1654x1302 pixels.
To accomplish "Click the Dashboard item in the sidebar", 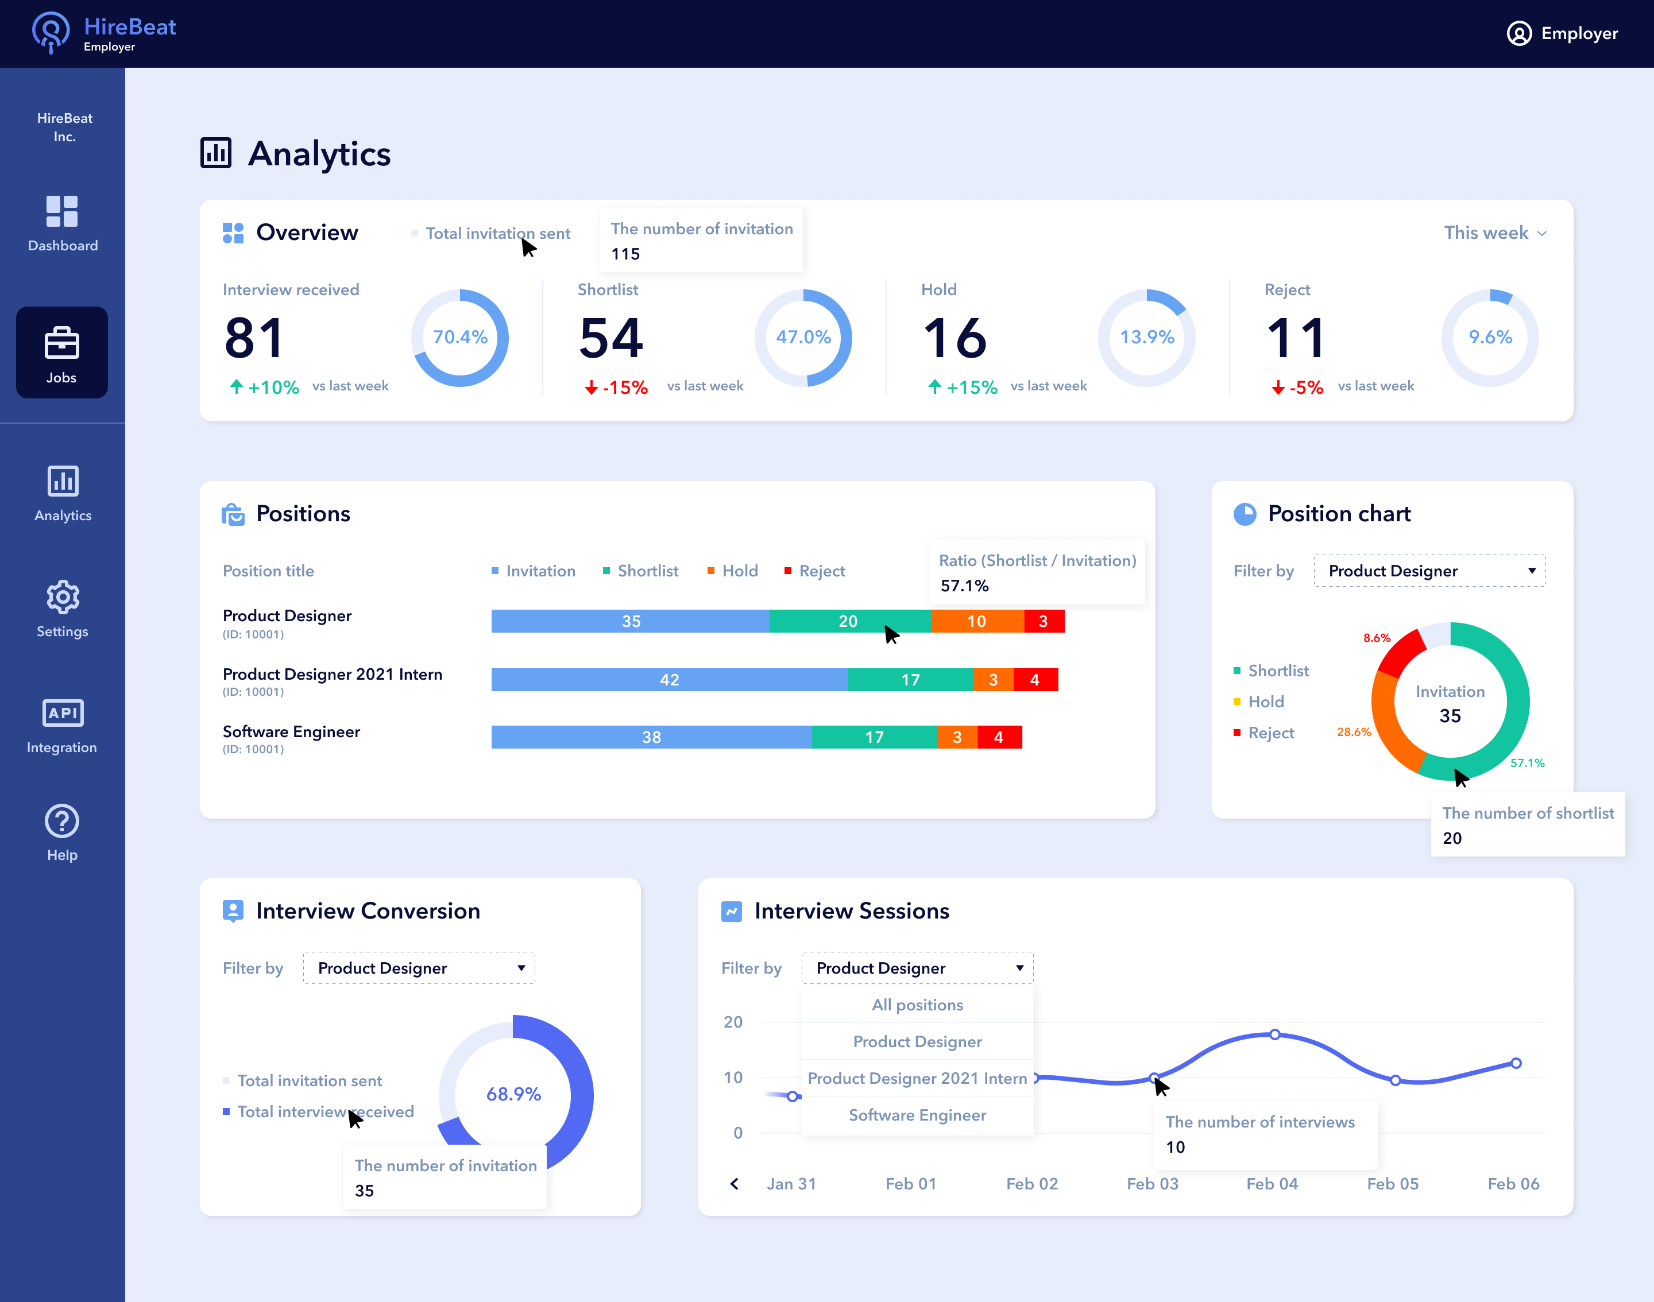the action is pos(63,223).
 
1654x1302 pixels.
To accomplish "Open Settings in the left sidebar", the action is pos(63,609).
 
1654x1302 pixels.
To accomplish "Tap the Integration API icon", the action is pos(63,713).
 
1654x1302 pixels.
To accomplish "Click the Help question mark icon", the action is pos(63,821).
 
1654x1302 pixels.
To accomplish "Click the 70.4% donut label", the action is pos(460,337).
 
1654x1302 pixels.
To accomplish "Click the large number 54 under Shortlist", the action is pos(611,338).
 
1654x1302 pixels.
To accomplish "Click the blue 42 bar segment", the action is pos(670,680).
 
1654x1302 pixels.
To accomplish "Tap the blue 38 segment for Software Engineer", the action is pos(652,737).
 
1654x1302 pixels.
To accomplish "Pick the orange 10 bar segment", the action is pos(977,621).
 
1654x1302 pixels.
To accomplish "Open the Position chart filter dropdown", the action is pos(1429,571).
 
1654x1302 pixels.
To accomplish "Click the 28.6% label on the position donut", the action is pos(1354,732).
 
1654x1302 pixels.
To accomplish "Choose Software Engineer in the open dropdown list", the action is pos(917,1115).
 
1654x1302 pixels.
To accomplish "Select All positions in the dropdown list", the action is pos(917,1005).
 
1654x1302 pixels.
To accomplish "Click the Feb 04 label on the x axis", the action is pos(1272,1184).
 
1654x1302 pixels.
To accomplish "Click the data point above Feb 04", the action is pos(1274,1034).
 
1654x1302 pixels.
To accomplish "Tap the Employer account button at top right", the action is pos(1563,33).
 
